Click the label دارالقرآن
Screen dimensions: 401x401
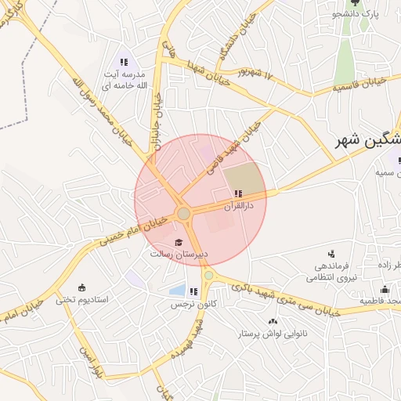(x=235, y=206)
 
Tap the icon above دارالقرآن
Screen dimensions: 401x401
(x=237, y=193)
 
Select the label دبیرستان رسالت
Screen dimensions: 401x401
(x=179, y=255)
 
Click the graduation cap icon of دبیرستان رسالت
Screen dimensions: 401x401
(x=179, y=243)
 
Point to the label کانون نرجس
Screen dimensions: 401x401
(x=194, y=304)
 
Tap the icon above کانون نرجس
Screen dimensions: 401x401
(x=193, y=292)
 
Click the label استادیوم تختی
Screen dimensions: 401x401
(x=81, y=300)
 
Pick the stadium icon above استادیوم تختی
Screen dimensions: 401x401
(x=82, y=287)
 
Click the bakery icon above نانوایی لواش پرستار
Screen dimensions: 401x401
(x=273, y=322)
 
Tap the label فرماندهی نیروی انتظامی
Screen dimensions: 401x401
(x=330, y=272)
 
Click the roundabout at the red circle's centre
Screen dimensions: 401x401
(x=184, y=214)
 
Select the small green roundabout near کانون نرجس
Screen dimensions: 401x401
(x=208, y=276)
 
